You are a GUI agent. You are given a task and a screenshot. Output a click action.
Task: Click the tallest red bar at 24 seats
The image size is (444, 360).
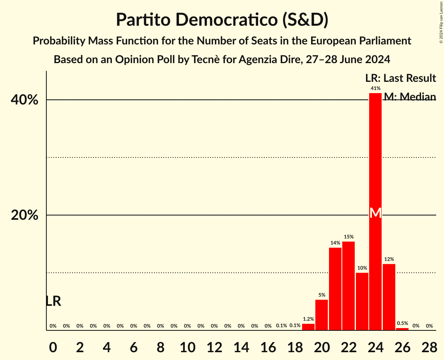coord(375,156)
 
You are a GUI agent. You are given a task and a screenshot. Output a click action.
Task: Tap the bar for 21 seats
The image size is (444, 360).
coord(335,289)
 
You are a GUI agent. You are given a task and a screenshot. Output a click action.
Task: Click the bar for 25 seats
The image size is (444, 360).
coord(389,297)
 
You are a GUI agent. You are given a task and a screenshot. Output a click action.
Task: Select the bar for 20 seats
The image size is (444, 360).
coord(322,315)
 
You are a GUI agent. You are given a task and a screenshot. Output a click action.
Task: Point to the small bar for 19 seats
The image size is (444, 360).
coord(308,327)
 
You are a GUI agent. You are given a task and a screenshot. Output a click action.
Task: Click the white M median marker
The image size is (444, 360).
coord(375,213)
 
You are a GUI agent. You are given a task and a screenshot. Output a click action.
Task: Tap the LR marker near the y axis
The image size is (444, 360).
coord(53,301)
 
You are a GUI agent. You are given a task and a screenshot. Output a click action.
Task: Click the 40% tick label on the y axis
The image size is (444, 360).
coord(25,100)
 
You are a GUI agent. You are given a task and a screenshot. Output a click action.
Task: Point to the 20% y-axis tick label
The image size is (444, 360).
coord(25,215)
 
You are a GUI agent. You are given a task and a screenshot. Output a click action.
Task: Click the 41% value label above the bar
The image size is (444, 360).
coord(375,88)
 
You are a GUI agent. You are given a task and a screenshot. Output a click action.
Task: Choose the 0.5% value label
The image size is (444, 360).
coord(402,323)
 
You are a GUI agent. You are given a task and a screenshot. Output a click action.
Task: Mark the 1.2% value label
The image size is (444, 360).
coord(308,319)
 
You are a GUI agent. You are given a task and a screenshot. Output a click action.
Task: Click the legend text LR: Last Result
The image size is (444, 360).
coord(400,78)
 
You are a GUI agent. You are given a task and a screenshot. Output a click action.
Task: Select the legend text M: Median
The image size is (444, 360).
coord(410,97)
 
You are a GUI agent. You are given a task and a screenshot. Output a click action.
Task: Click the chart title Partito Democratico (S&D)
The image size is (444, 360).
coord(222,20)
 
